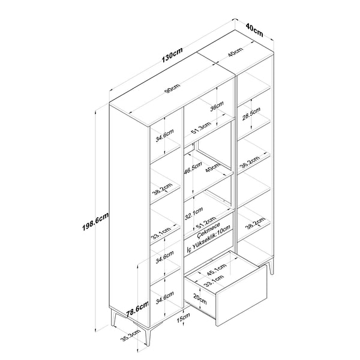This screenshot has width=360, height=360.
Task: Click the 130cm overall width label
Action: tap(172, 55)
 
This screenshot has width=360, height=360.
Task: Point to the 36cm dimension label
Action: tap(217, 106)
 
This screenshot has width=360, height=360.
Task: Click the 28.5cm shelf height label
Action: tap(251, 114)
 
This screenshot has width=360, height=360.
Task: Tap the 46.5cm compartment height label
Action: tap(193, 168)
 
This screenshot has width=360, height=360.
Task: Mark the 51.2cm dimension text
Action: tap(206, 223)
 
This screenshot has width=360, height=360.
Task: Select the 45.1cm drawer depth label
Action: tap(217, 269)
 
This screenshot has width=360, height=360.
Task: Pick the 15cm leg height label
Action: tap(183, 317)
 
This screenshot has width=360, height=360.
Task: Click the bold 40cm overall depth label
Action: tap(254, 29)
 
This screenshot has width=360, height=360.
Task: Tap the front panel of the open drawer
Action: tap(241, 296)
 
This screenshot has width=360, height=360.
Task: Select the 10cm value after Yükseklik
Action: tap(223, 230)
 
